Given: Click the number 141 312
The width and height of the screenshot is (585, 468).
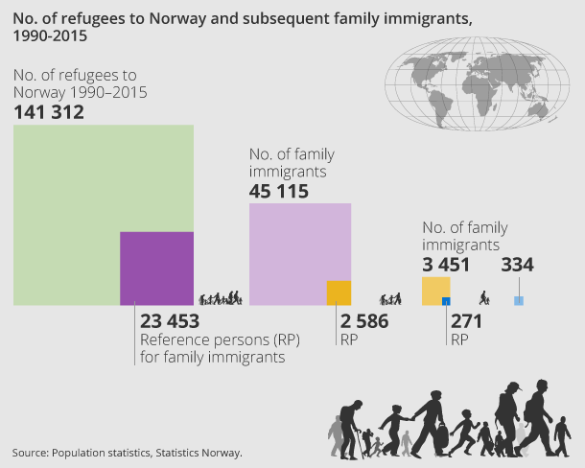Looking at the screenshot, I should [x=49, y=113].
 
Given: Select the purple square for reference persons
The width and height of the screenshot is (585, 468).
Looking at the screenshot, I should [x=156, y=269].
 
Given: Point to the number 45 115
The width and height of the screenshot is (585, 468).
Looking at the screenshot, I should [x=279, y=192].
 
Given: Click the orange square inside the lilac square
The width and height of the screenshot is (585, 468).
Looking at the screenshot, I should [x=339, y=292].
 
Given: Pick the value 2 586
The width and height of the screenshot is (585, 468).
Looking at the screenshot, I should [x=364, y=321].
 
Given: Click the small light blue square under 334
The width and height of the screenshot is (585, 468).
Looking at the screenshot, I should [x=519, y=300].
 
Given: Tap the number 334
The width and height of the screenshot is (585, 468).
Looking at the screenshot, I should [x=518, y=265].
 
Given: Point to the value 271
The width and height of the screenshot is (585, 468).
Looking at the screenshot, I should [x=466, y=321].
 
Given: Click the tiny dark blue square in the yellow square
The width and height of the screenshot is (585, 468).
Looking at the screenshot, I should [x=446, y=301].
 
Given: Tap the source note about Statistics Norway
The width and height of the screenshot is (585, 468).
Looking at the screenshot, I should [x=128, y=452].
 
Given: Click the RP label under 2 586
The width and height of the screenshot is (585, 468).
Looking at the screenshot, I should [x=347, y=339].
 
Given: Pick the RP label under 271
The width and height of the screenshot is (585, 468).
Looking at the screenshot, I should [x=459, y=339].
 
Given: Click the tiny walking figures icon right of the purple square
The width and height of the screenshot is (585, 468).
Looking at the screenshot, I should [x=221, y=297].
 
